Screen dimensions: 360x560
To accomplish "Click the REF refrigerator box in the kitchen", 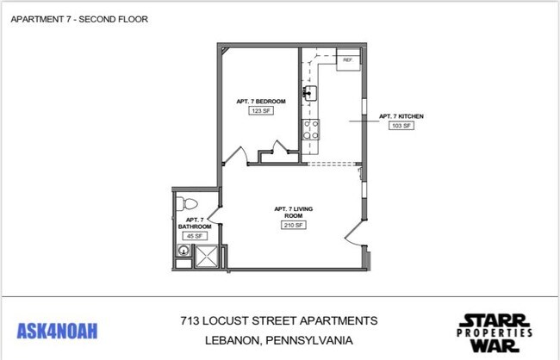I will pos(347,60).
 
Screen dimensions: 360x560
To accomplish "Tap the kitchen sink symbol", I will pos(310,92).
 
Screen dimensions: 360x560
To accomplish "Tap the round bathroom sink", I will pos(183,251).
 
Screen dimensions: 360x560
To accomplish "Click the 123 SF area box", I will pos(255,110).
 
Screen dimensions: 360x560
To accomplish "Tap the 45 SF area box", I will pos(194,236).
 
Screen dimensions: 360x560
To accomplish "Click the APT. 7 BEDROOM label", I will pos(255,101).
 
